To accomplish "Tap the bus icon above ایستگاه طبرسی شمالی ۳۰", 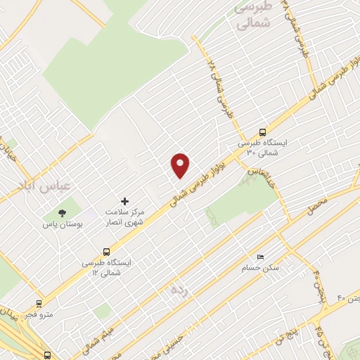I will click(263, 131).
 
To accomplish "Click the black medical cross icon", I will click(125, 201).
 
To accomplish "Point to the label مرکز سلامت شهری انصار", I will click(124, 217).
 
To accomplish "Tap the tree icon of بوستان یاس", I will click(62, 212).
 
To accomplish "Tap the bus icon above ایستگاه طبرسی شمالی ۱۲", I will click(106, 251).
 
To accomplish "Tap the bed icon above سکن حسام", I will click(260, 257).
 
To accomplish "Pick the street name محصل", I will click(319, 205).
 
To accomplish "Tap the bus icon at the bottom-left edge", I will click(48, 356).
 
